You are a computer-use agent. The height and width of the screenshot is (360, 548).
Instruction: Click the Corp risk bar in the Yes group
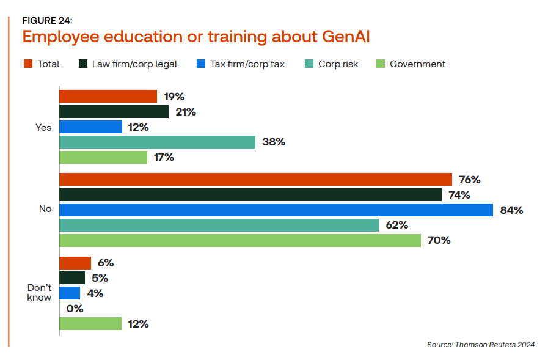pos(157,142)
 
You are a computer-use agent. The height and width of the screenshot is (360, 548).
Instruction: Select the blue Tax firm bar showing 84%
pos(276,210)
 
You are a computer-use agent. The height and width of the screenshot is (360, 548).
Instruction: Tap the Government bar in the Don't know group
pos(90,324)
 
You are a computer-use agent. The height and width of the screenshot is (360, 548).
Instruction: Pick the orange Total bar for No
pos(255,180)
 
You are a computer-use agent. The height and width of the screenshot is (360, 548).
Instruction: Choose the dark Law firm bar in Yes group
pos(114,112)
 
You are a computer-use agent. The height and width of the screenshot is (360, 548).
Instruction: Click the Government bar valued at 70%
pos(240,241)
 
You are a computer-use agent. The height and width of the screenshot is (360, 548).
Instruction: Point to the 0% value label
pos(75,309)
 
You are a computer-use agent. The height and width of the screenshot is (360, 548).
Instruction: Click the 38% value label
pos(273,142)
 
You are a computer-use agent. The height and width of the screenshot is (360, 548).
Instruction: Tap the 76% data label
pos(469,180)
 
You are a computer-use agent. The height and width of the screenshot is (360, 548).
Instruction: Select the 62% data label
pos(396,226)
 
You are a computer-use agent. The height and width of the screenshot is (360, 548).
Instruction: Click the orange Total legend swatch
pos(27,64)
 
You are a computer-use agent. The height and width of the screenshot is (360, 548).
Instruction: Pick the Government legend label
pos(417,64)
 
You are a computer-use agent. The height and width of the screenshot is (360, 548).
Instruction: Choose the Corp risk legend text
pos(338,64)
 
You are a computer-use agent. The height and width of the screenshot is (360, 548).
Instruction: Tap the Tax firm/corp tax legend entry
pos(247,64)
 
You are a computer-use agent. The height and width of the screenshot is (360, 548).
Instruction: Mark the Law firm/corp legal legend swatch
pos(82,64)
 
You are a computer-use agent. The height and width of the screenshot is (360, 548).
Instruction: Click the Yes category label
pos(44,127)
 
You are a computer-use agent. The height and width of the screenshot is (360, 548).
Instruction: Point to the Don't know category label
pos(39,293)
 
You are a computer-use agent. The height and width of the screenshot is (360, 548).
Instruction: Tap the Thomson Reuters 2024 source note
pos(480,345)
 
